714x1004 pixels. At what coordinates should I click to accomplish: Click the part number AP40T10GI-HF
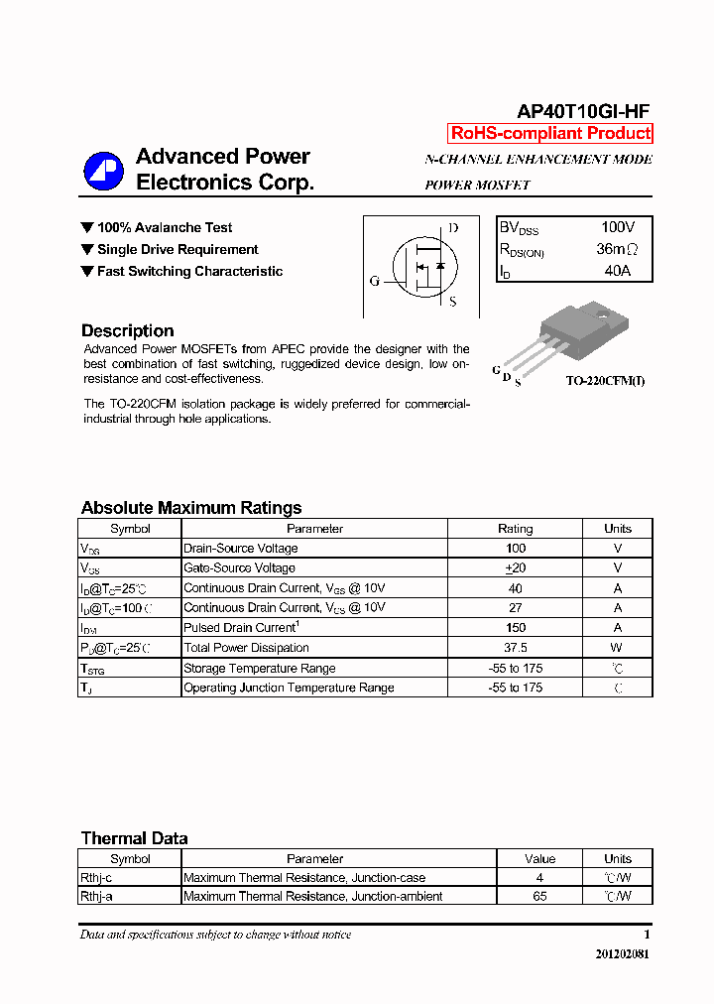583,112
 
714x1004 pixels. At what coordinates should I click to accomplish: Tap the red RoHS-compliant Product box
550,134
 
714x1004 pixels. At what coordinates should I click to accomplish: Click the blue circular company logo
103,171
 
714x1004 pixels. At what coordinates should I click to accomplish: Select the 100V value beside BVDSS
617,228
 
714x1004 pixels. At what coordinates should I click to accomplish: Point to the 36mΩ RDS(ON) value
617,250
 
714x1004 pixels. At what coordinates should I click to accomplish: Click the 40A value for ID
617,271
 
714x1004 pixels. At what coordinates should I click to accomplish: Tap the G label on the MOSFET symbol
375,281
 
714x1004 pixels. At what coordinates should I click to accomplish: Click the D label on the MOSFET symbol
453,228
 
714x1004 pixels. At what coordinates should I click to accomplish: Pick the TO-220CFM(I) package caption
605,381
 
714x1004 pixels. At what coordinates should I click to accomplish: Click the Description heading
127,331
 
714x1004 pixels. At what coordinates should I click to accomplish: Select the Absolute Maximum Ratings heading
191,508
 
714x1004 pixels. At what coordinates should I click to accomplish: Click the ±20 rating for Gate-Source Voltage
515,568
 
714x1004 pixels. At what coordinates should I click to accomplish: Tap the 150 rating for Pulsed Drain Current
515,628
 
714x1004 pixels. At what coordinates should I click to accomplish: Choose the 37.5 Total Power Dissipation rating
515,648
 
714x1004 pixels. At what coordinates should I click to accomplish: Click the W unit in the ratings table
617,648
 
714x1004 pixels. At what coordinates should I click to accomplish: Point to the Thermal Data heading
134,838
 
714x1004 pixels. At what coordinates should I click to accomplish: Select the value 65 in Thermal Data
539,897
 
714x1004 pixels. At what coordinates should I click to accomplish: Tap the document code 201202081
623,954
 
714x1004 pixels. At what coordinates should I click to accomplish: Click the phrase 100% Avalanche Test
165,228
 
